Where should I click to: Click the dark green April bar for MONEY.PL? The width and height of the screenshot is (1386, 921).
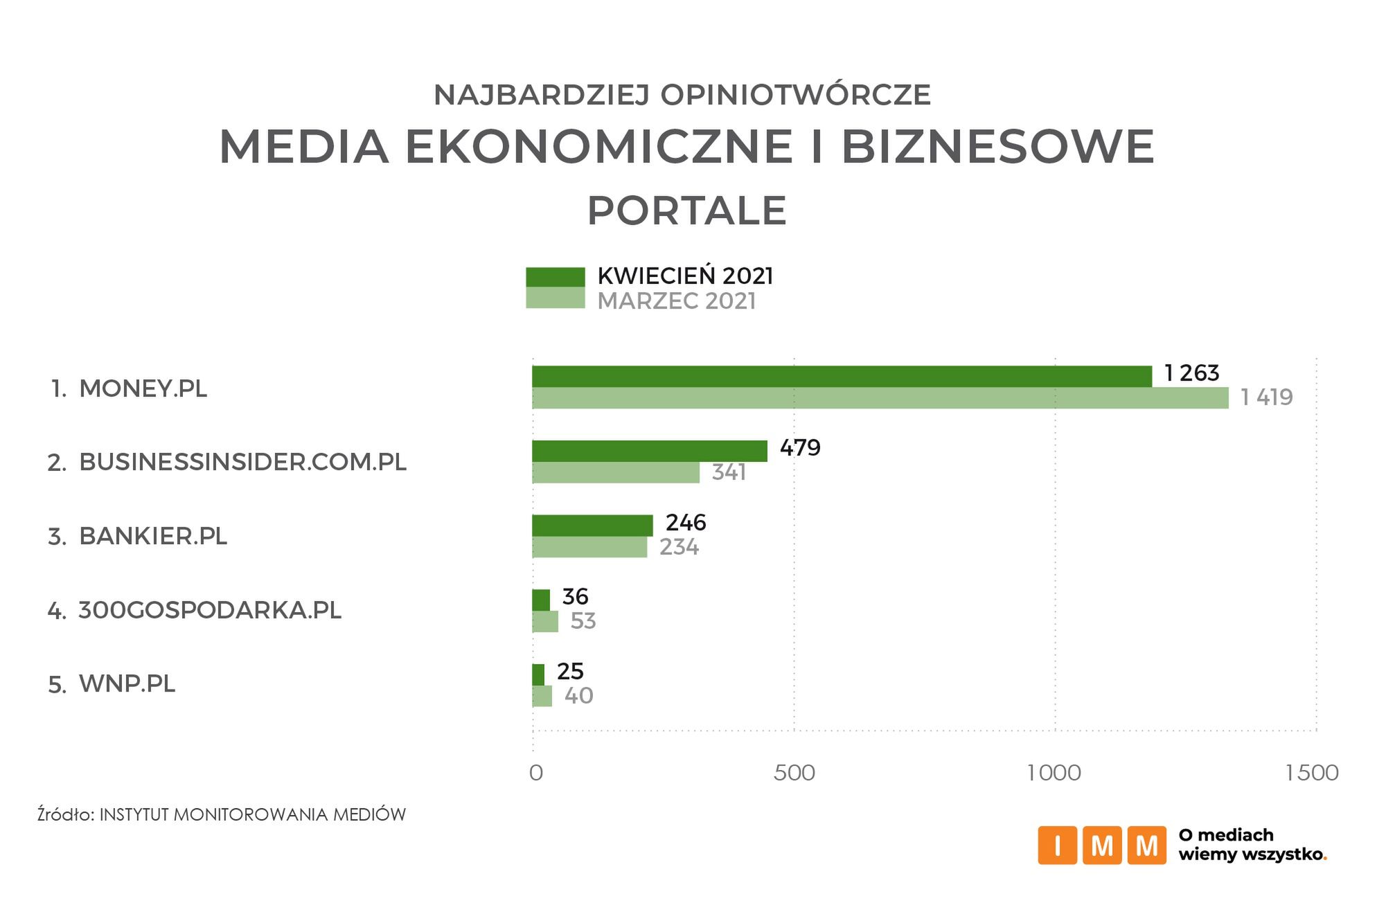(842, 376)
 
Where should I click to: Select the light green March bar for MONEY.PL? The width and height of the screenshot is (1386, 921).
(880, 398)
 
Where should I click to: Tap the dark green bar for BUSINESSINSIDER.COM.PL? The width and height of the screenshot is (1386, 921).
(649, 451)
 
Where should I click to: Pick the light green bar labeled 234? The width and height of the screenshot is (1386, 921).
(589, 547)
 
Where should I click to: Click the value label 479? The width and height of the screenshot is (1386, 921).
(800, 448)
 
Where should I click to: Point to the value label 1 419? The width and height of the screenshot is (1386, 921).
(1266, 397)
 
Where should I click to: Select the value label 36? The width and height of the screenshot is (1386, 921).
(575, 596)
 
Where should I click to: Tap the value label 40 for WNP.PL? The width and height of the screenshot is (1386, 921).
(578, 695)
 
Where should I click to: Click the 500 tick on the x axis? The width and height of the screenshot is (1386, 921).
(794, 773)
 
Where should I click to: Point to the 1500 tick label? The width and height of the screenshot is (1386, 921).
(1311, 773)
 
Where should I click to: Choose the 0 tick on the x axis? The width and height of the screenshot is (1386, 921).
(535, 773)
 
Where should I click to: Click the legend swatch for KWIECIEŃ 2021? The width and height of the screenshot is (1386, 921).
(555, 277)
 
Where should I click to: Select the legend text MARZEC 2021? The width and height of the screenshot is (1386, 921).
(676, 301)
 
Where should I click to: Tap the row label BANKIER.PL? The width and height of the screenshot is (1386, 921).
(153, 536)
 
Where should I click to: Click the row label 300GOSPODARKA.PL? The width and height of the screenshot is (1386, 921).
(210, 610)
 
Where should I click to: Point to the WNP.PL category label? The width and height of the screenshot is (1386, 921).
(127, 683)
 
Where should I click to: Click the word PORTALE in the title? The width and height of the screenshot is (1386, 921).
(686, 211)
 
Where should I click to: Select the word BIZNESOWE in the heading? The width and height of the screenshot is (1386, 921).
(997, 146)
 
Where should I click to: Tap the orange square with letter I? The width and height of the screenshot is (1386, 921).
(1057, 846)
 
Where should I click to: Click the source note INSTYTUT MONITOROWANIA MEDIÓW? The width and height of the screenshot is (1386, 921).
(252, 814)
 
